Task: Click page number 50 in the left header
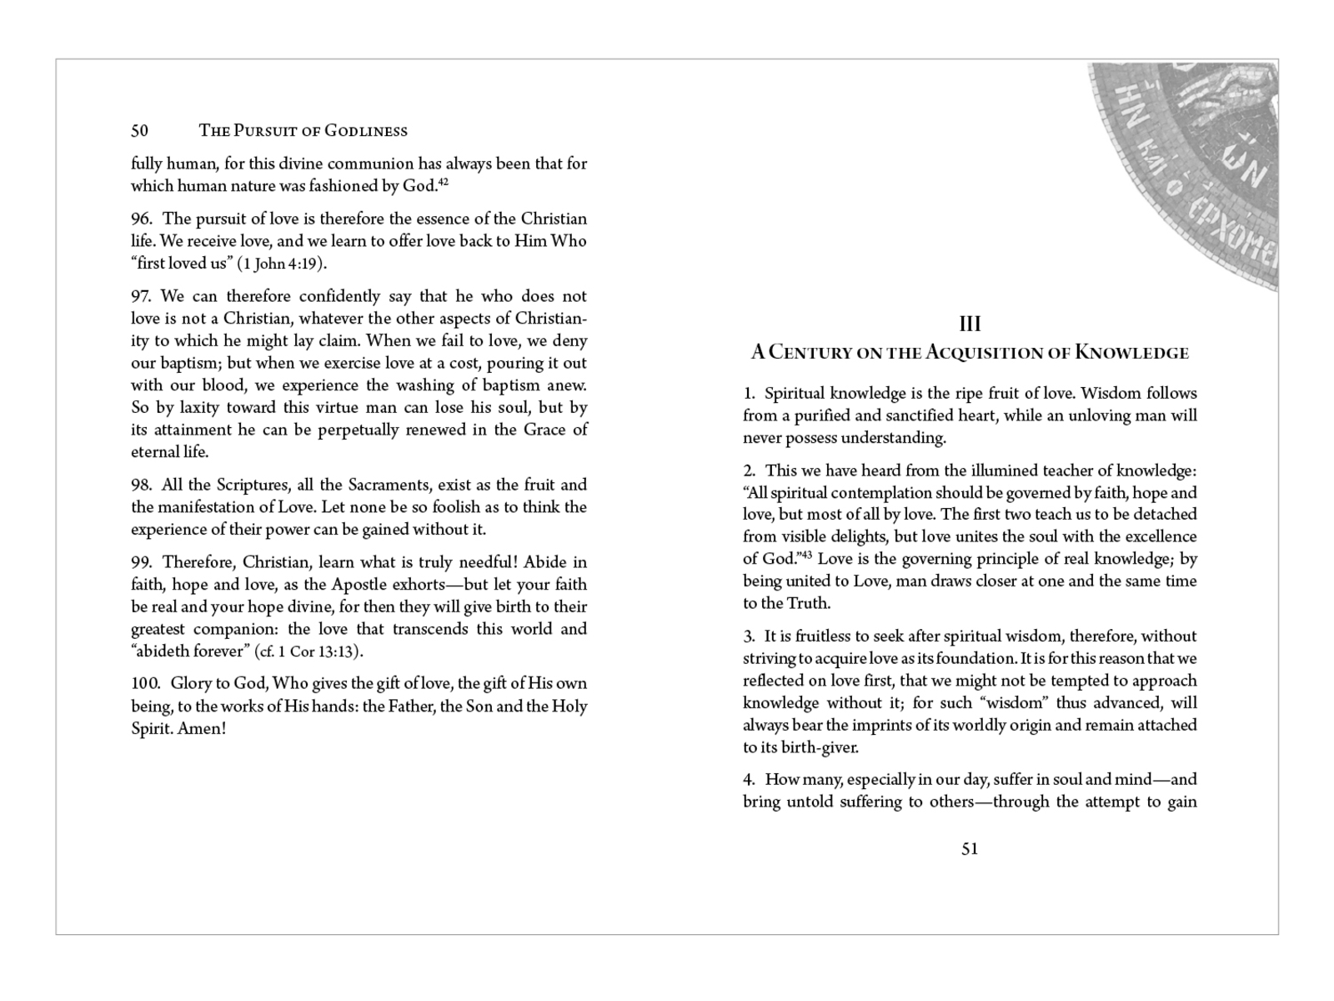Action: click(x=139, y=131)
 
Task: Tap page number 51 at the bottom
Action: click(x=970, y=849)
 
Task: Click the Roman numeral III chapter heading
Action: click(x=970, y=324)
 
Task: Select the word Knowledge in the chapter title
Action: click(x=1131, y=352)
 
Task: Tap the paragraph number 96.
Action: click(x=141, y=219)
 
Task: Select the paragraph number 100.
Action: click(x=146, y=684)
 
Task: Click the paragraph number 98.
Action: click(x=141, y=485)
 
